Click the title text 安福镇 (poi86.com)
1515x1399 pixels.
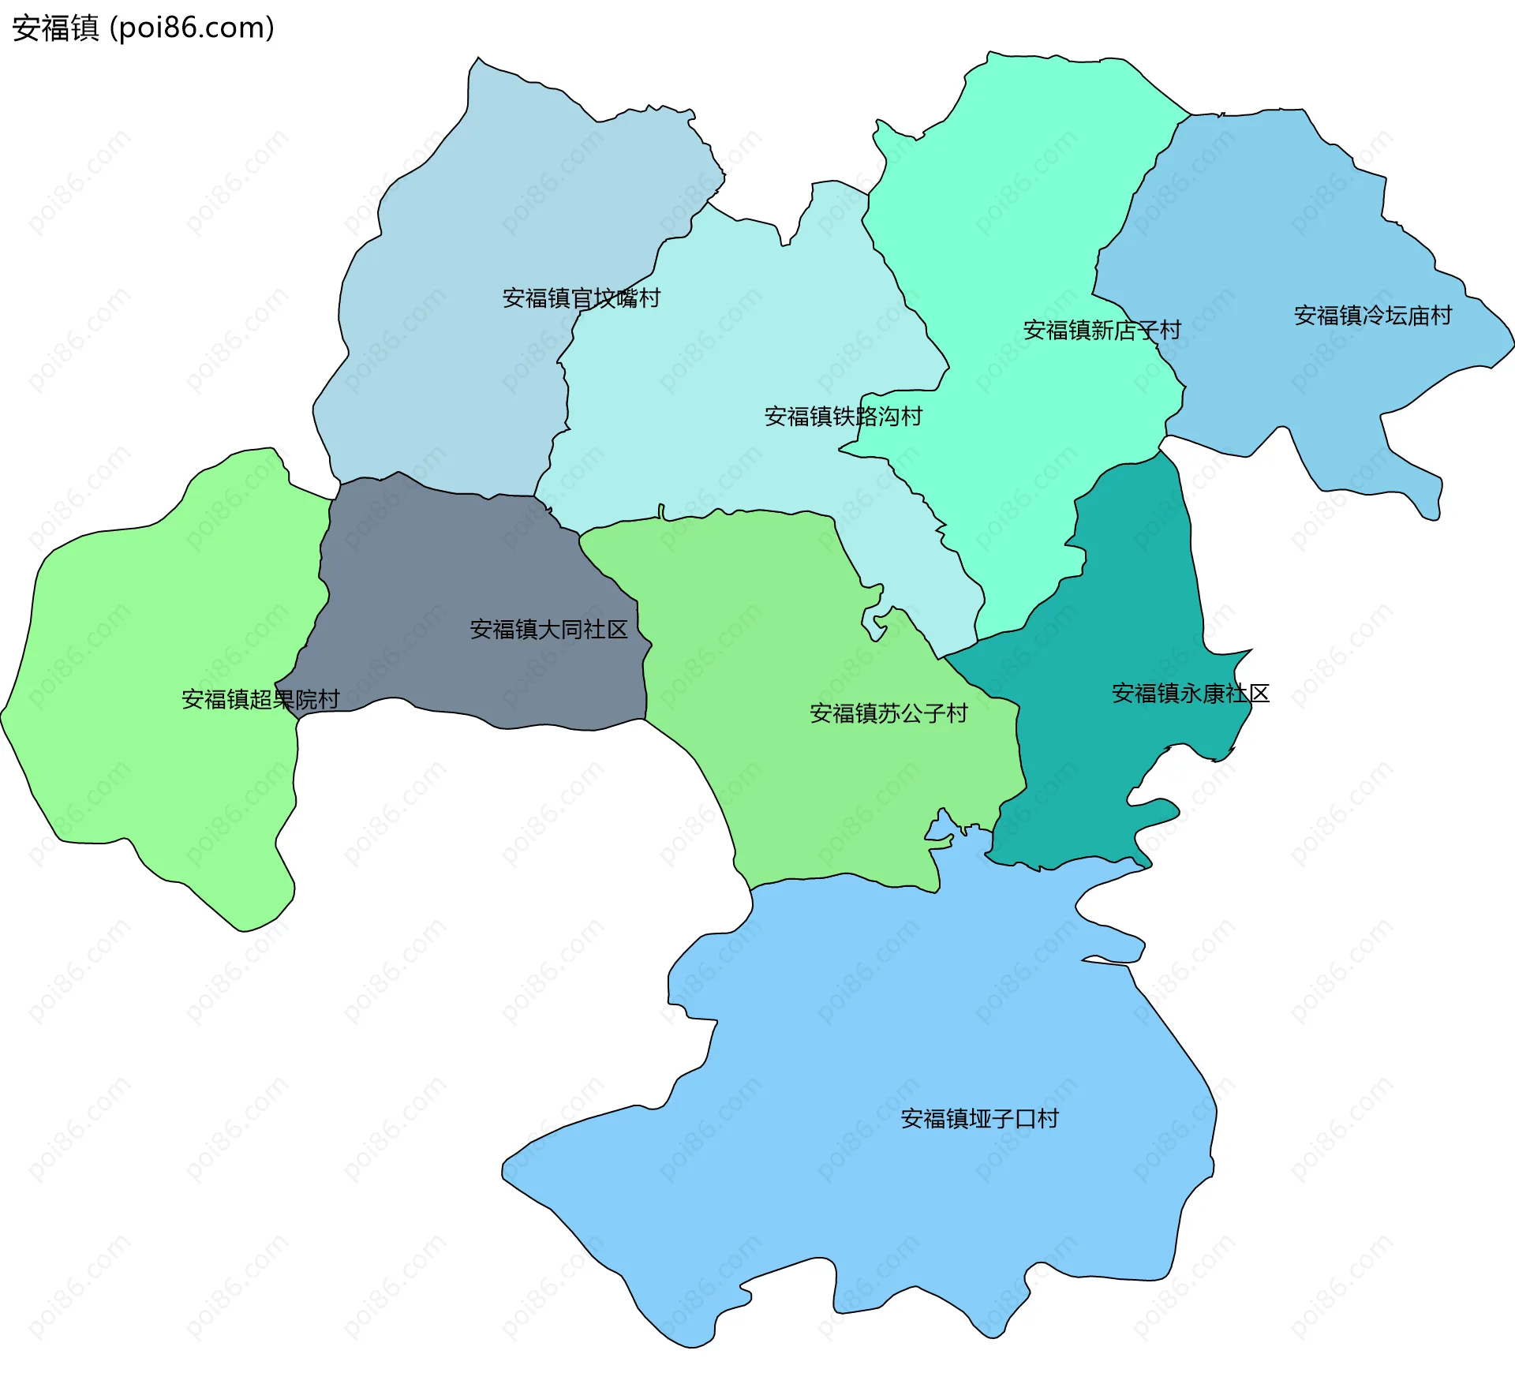click(x=143, y=28)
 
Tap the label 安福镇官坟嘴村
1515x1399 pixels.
click(x=581, y=298)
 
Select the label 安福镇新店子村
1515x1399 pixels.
click(x=1102, y=330)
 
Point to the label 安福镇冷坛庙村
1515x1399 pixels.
click(x=1372, y=316)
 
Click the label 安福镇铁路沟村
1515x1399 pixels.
click(x=843, y=416)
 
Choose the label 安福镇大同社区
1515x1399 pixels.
click(x=548, y=629)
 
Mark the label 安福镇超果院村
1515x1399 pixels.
click(x=260, y=699)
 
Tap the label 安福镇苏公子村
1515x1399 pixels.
click(x=888, y=713)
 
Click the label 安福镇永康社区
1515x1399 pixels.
click(x=1190, y=694)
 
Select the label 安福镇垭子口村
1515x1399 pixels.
click(x=979, y=1118)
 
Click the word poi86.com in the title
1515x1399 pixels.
click(x=192, y=28)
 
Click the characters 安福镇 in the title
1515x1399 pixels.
click(x=55, y=28)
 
